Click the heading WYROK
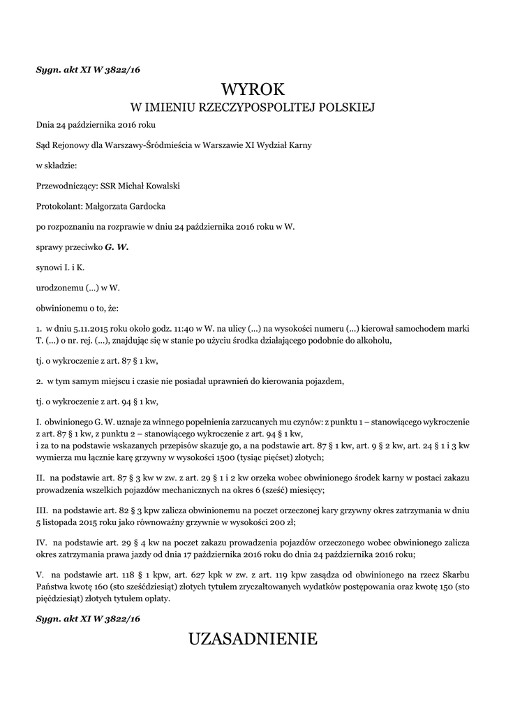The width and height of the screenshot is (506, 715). tap(253, 89)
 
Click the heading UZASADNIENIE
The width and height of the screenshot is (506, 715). tap(253, 638)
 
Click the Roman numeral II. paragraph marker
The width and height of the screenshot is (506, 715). tap(40, 478)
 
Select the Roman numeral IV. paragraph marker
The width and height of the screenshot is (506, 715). tap(41, 542)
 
